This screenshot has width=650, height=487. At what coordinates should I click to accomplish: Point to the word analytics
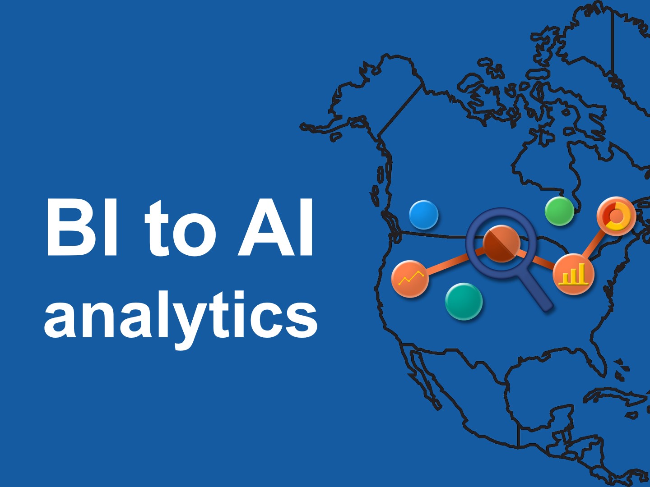click(181, 318)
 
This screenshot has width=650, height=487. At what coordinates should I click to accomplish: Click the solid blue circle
click(423, 215)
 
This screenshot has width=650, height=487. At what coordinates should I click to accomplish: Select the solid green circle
click(559, 211)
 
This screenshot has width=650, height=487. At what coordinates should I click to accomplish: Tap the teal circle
click(464, 301)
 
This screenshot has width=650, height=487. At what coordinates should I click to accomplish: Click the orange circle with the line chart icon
click(410, 279)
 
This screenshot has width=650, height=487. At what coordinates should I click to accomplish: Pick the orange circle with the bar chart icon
click(574, 274)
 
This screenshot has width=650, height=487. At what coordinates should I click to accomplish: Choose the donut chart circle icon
click(616, 216)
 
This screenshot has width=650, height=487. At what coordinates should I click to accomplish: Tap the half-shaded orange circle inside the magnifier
click(501, 244)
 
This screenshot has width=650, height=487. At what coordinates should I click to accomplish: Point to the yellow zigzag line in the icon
click(411, 277)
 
